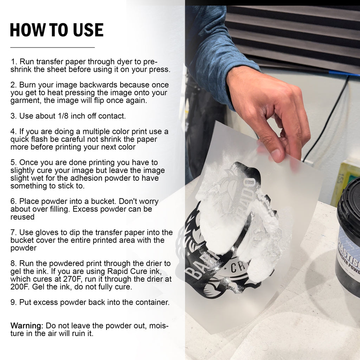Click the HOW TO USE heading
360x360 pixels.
click(57, 30)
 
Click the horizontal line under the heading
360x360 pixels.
click(52, 47)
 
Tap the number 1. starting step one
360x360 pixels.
click(14, 62)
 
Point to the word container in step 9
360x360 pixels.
click(152, 302)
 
